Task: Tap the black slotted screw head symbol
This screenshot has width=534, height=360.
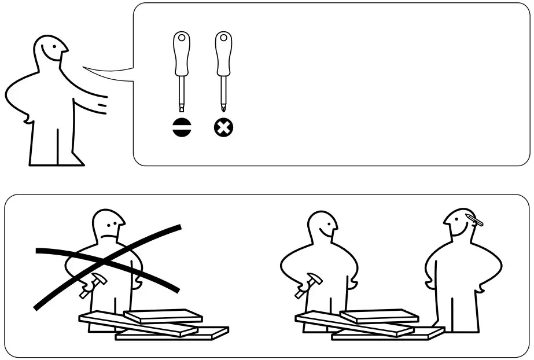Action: (181, 127)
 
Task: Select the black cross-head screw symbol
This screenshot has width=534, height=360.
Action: (223, 127)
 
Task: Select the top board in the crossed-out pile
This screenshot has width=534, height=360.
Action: (163, 316)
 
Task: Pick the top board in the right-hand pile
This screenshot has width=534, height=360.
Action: (378, 316)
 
